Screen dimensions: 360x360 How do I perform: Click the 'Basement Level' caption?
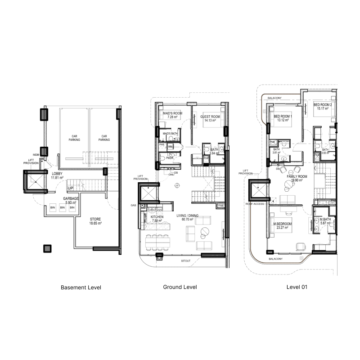[81, 287]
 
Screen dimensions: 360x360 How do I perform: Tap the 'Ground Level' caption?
[180, 287]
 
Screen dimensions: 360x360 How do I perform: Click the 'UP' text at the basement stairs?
[71, 188]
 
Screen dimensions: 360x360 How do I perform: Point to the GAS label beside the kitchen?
[134, 205]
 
